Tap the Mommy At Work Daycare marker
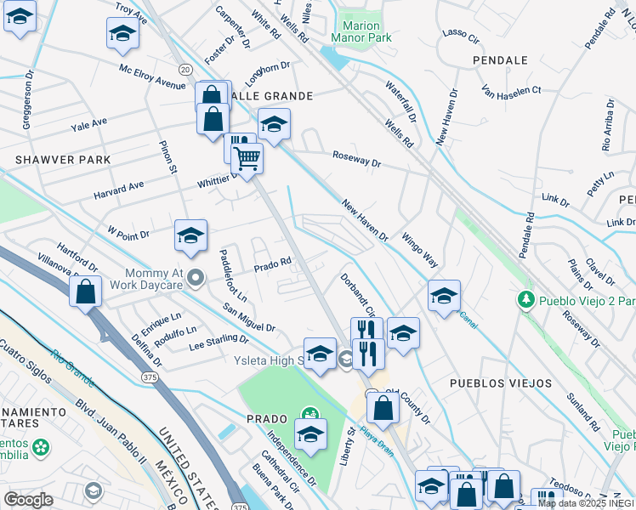coord(196,278)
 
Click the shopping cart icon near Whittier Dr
coord(247,157)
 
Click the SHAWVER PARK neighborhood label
coord(63,160)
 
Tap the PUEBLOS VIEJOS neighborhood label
coord(501,383)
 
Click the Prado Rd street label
coord(274,265)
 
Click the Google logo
coord(28,499)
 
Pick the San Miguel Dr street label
coord(249,317)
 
